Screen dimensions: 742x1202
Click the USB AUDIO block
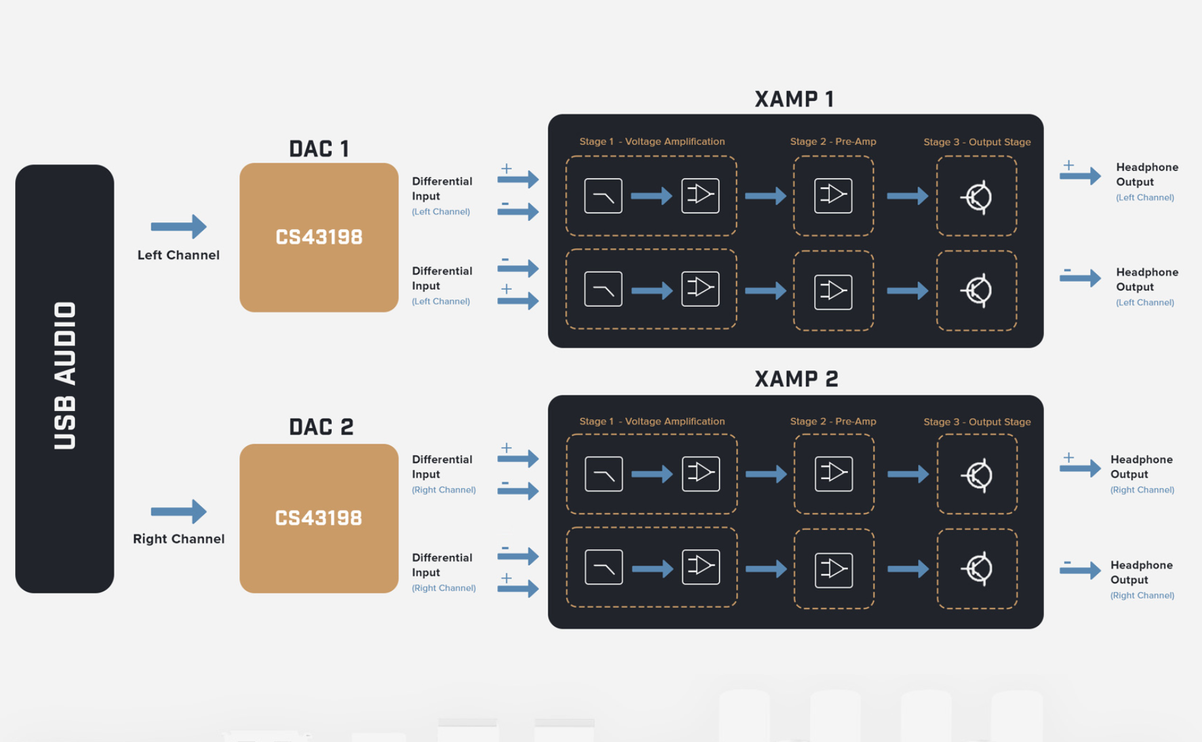point(64,378)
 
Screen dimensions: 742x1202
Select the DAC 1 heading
point(319,149)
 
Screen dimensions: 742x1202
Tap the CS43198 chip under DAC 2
point(319,518)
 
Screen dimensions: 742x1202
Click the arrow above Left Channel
point(178,226)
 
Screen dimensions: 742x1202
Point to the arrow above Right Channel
point(178,511)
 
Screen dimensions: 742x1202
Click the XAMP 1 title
point(794,99)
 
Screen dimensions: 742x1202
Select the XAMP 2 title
point(796,379)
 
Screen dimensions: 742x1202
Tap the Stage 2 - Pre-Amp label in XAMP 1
point(833,142)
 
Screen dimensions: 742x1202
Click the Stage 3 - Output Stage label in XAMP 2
point(976,421)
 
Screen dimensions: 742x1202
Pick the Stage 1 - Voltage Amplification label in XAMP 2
point(652,421)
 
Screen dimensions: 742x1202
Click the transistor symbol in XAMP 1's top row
point(977,197)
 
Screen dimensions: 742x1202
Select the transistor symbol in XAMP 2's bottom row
point(977,568)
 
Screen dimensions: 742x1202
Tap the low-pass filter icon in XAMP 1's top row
point(603,195)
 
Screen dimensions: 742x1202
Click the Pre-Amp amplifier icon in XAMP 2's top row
point(833,473)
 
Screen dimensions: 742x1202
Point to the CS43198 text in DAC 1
point(319,237)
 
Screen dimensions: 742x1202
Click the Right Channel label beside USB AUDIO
point(178,539)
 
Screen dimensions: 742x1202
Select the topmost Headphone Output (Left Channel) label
point(1147,181)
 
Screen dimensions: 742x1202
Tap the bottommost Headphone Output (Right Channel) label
point(1142,579)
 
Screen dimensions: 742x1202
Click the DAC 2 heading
point(321,427)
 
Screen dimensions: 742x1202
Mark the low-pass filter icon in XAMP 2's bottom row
point(603,567)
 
